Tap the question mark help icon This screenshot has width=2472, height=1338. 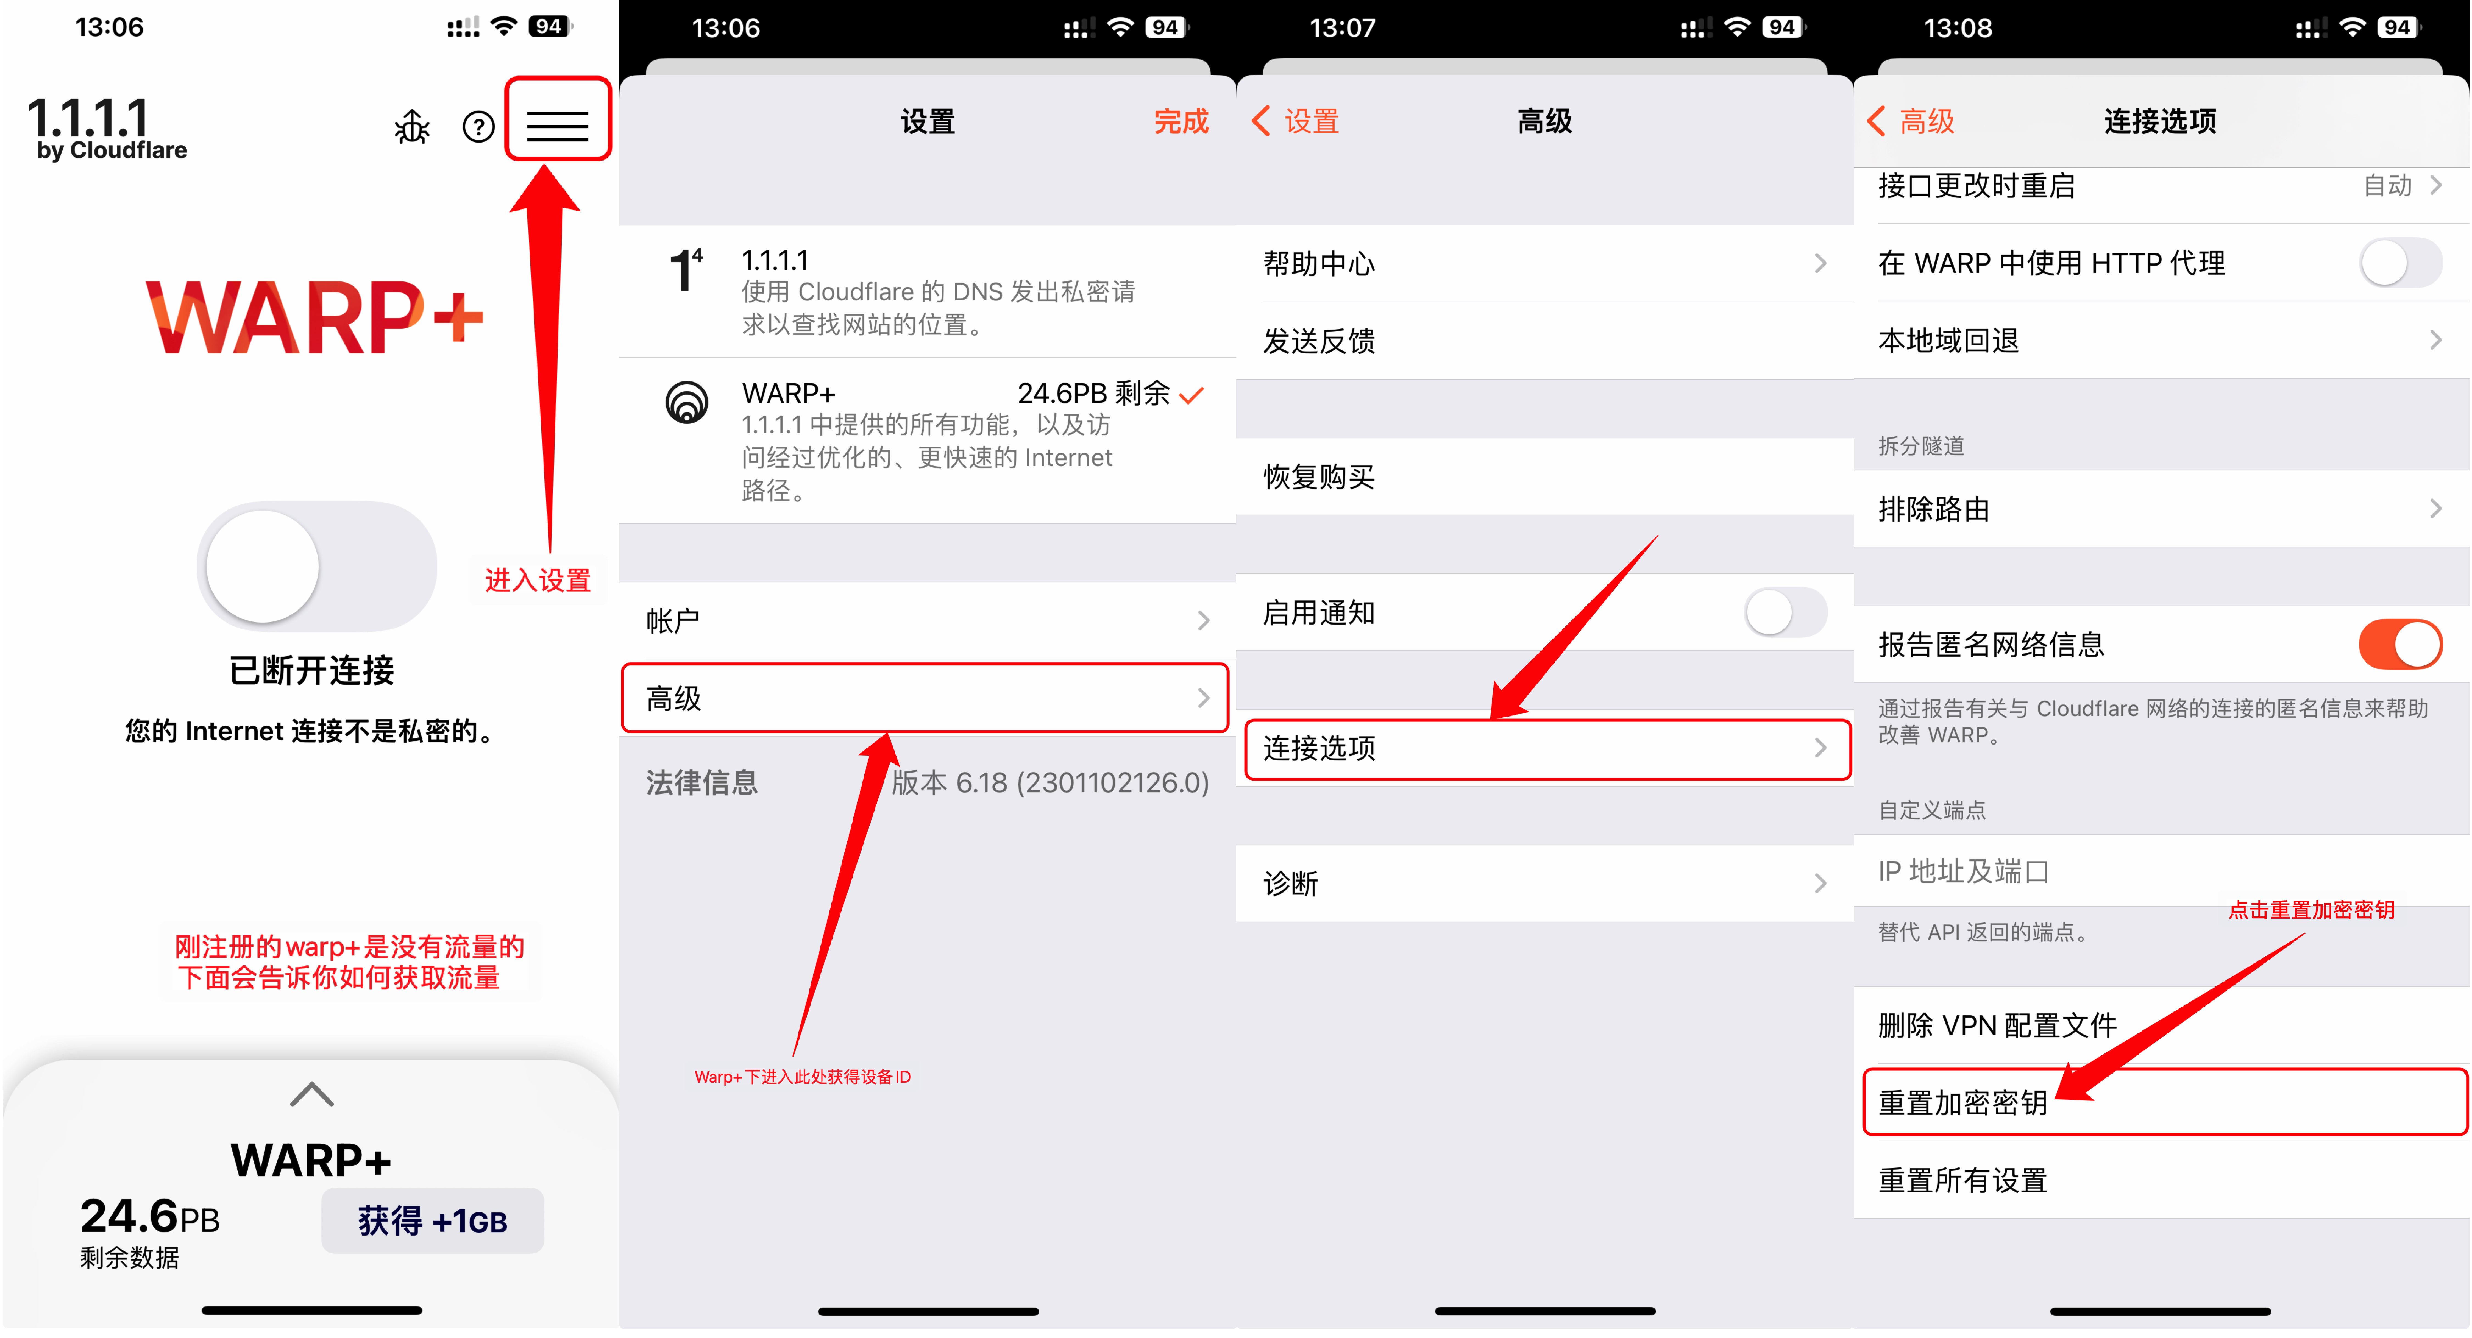point(478,127)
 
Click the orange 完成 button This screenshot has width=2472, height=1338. point(1180,122)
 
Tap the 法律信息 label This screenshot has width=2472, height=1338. point(701,782)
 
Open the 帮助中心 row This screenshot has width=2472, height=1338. point(1543,263)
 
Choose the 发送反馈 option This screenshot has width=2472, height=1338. point(1543,341)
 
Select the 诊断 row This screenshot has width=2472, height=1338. point(1543,883)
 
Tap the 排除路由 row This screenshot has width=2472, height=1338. point(2159,509)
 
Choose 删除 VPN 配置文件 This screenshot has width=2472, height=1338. point(2159,1025)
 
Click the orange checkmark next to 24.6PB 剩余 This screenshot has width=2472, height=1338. point(1192,394)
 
